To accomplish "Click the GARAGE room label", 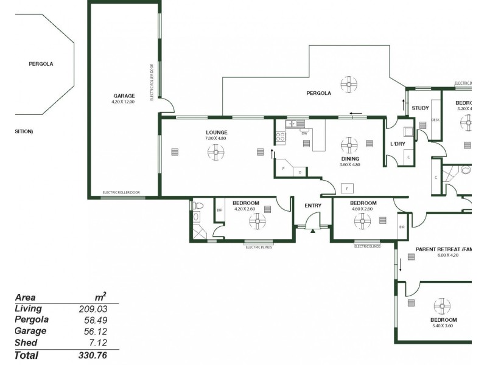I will (124, 96).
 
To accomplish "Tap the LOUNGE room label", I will (216, 132).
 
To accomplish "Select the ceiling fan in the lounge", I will (216, 151).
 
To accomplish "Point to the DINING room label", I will (350, 158).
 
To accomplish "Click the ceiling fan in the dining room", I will (349, 144).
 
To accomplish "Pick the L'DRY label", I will (398, 144).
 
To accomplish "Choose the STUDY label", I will (420, 108).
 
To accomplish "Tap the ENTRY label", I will (313, 206).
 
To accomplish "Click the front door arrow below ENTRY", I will (313, 230).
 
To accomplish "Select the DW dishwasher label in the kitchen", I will (304, 133).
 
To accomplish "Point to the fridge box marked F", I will (348, 187).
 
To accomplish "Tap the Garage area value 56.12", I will (95, 331).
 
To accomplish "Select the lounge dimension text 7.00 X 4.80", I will (216, 138).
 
